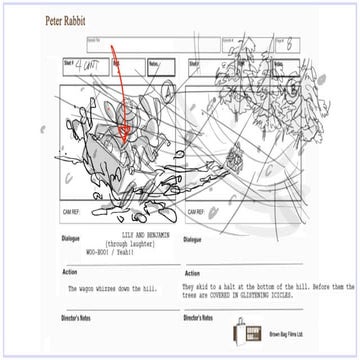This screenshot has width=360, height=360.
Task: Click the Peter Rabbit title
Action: (x=70, y=20)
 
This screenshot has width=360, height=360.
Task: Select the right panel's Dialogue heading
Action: (x=194, y=239)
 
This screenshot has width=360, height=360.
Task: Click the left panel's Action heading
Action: (x=69, y=272)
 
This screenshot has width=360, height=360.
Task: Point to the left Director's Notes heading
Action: (x=83, y=319)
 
